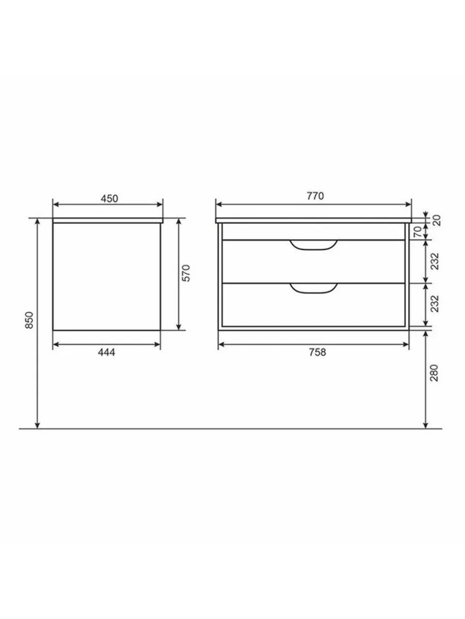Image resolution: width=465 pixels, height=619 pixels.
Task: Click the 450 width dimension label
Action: [x=109, y=198]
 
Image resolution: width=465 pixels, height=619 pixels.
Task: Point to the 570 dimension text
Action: [x=187, y=274]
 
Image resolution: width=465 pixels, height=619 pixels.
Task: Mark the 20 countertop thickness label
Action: [x=437, y=220]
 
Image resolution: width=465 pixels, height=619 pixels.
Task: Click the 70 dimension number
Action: [x=437, y=232]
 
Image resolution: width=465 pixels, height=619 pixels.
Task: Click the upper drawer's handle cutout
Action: [x=313, y=246]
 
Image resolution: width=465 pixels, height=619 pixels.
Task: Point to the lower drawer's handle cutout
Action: [x=313, y=289]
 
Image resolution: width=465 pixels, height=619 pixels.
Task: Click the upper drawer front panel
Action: [x=255, y=262]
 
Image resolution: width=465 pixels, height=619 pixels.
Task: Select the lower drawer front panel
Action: [x=255, y=305]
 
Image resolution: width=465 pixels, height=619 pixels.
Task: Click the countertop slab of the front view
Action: [x=313, y=220]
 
